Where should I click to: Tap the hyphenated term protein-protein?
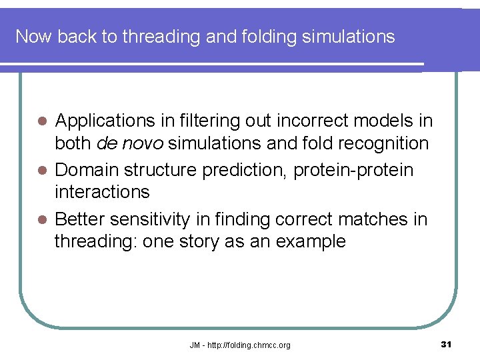pyautogui.click(x=360, y=170)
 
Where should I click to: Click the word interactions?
pyautogui.click(x=102, y=192)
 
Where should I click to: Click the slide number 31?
pyautogui.click(x=447, y=344)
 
